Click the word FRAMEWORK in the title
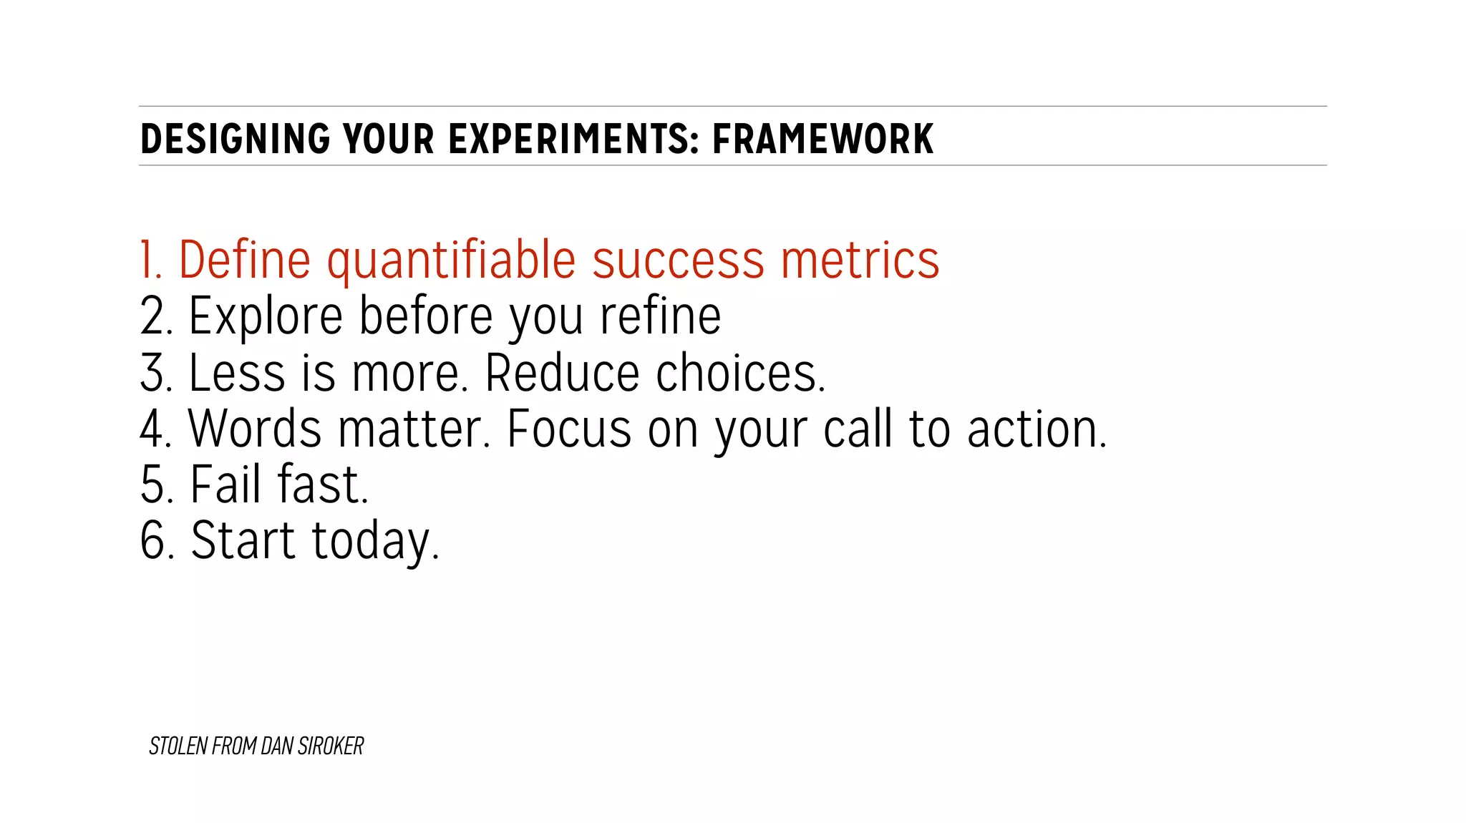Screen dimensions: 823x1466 tap(822, 139)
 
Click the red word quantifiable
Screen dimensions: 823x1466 tap(451, 260)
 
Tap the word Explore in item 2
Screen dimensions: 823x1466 tap(266, 317)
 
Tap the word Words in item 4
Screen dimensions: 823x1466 tap(255, 429)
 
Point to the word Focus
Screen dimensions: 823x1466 tap(569, 429)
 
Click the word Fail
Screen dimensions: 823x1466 tap(225, 485)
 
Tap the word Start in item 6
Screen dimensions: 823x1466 tap(243, 541)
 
